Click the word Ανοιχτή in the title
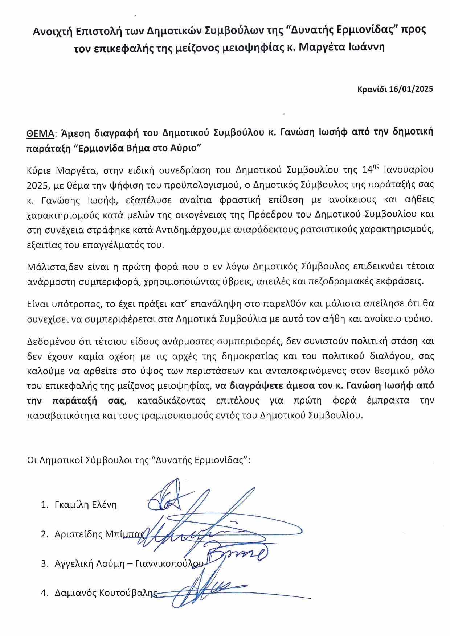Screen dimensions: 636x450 [x=53, y=31]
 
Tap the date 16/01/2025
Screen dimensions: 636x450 [x=411, y=89]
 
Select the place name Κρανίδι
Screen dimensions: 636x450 [x=372, y=89]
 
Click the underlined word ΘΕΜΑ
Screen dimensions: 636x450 [x=40, y=133]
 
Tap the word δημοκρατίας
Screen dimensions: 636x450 [x=246, y=356]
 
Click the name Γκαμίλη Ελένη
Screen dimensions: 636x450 [x=86, y=505]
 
